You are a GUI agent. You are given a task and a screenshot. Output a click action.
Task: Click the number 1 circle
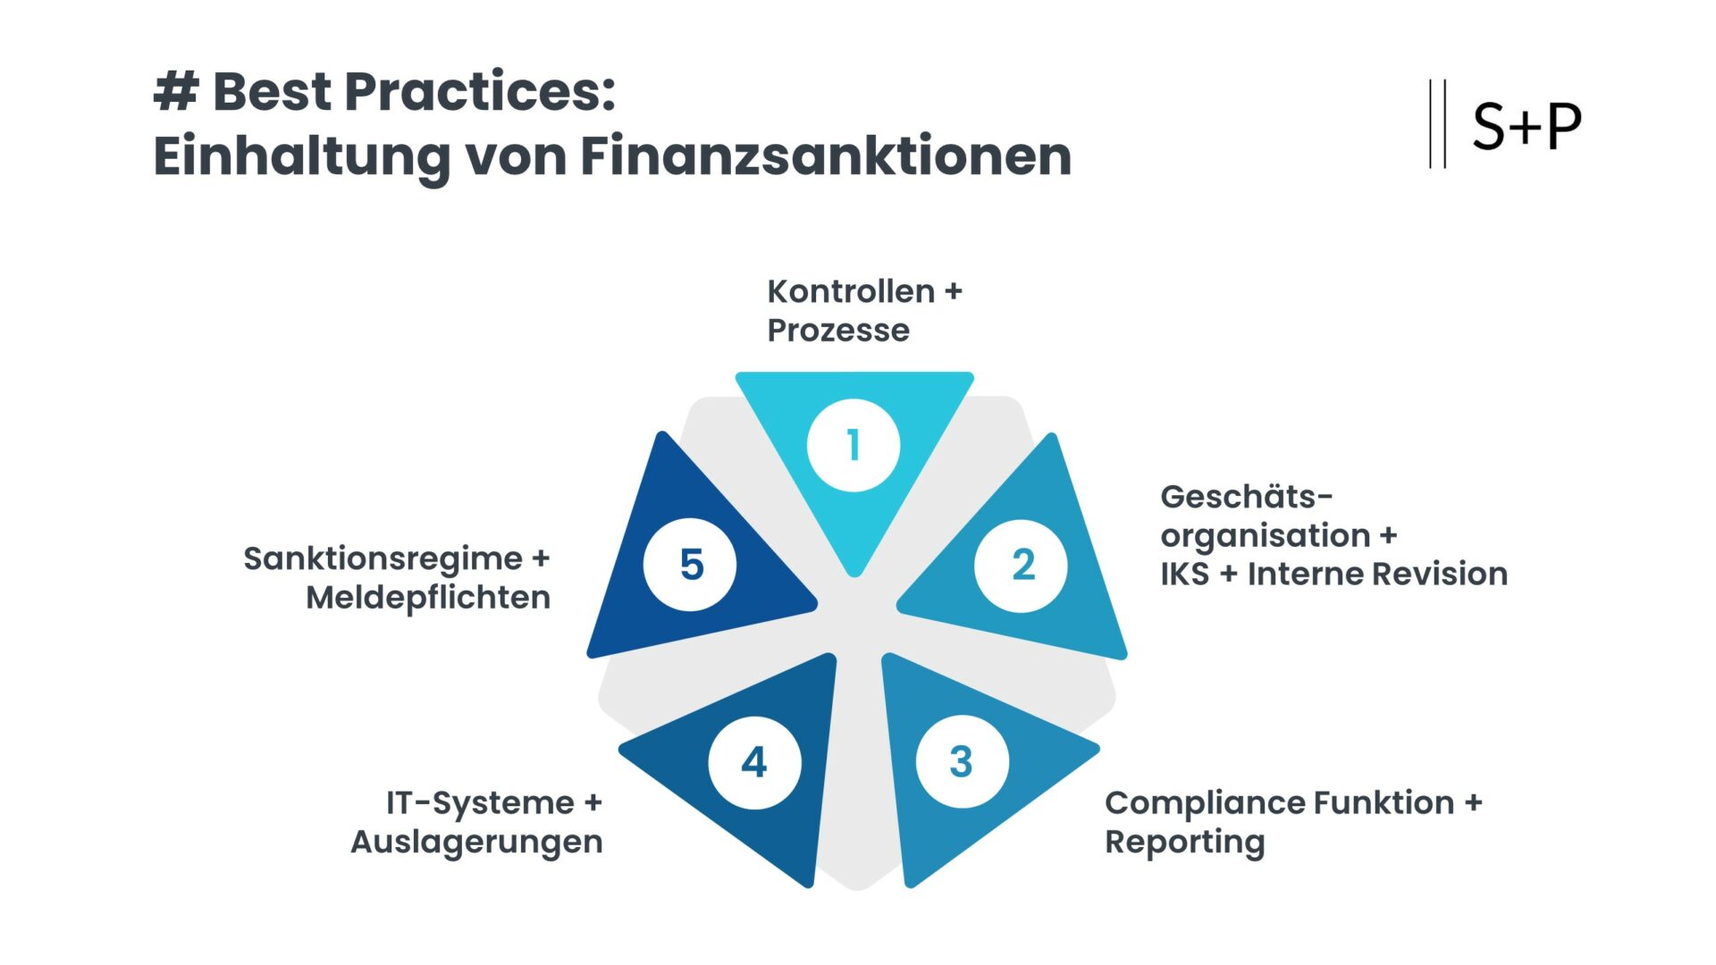[854, 445]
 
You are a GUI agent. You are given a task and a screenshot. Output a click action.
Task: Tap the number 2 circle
[1021, 566]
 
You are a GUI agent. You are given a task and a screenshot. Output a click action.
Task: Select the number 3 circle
[962, 762]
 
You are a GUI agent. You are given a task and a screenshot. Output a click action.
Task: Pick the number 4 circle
[754, 762]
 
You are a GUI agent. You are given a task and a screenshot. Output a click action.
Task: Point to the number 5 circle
[690, 565]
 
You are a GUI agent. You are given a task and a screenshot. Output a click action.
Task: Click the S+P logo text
[1527, 126]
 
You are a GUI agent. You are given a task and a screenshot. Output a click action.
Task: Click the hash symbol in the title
[175, 91]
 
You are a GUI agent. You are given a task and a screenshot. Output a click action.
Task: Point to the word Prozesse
[838, 331]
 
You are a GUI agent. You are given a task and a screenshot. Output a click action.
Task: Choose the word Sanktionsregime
[383, 558]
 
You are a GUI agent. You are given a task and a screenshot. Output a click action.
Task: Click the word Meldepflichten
[427, 598]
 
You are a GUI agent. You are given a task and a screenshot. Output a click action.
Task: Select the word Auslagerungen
[476, 842]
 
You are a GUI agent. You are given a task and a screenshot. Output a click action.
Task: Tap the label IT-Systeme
[480, 802]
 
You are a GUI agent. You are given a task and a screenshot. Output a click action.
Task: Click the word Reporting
[1184, 842]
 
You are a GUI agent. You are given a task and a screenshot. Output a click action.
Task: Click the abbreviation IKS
[1184, 574]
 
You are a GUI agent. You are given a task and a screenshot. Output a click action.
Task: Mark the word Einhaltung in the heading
[301, 156]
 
